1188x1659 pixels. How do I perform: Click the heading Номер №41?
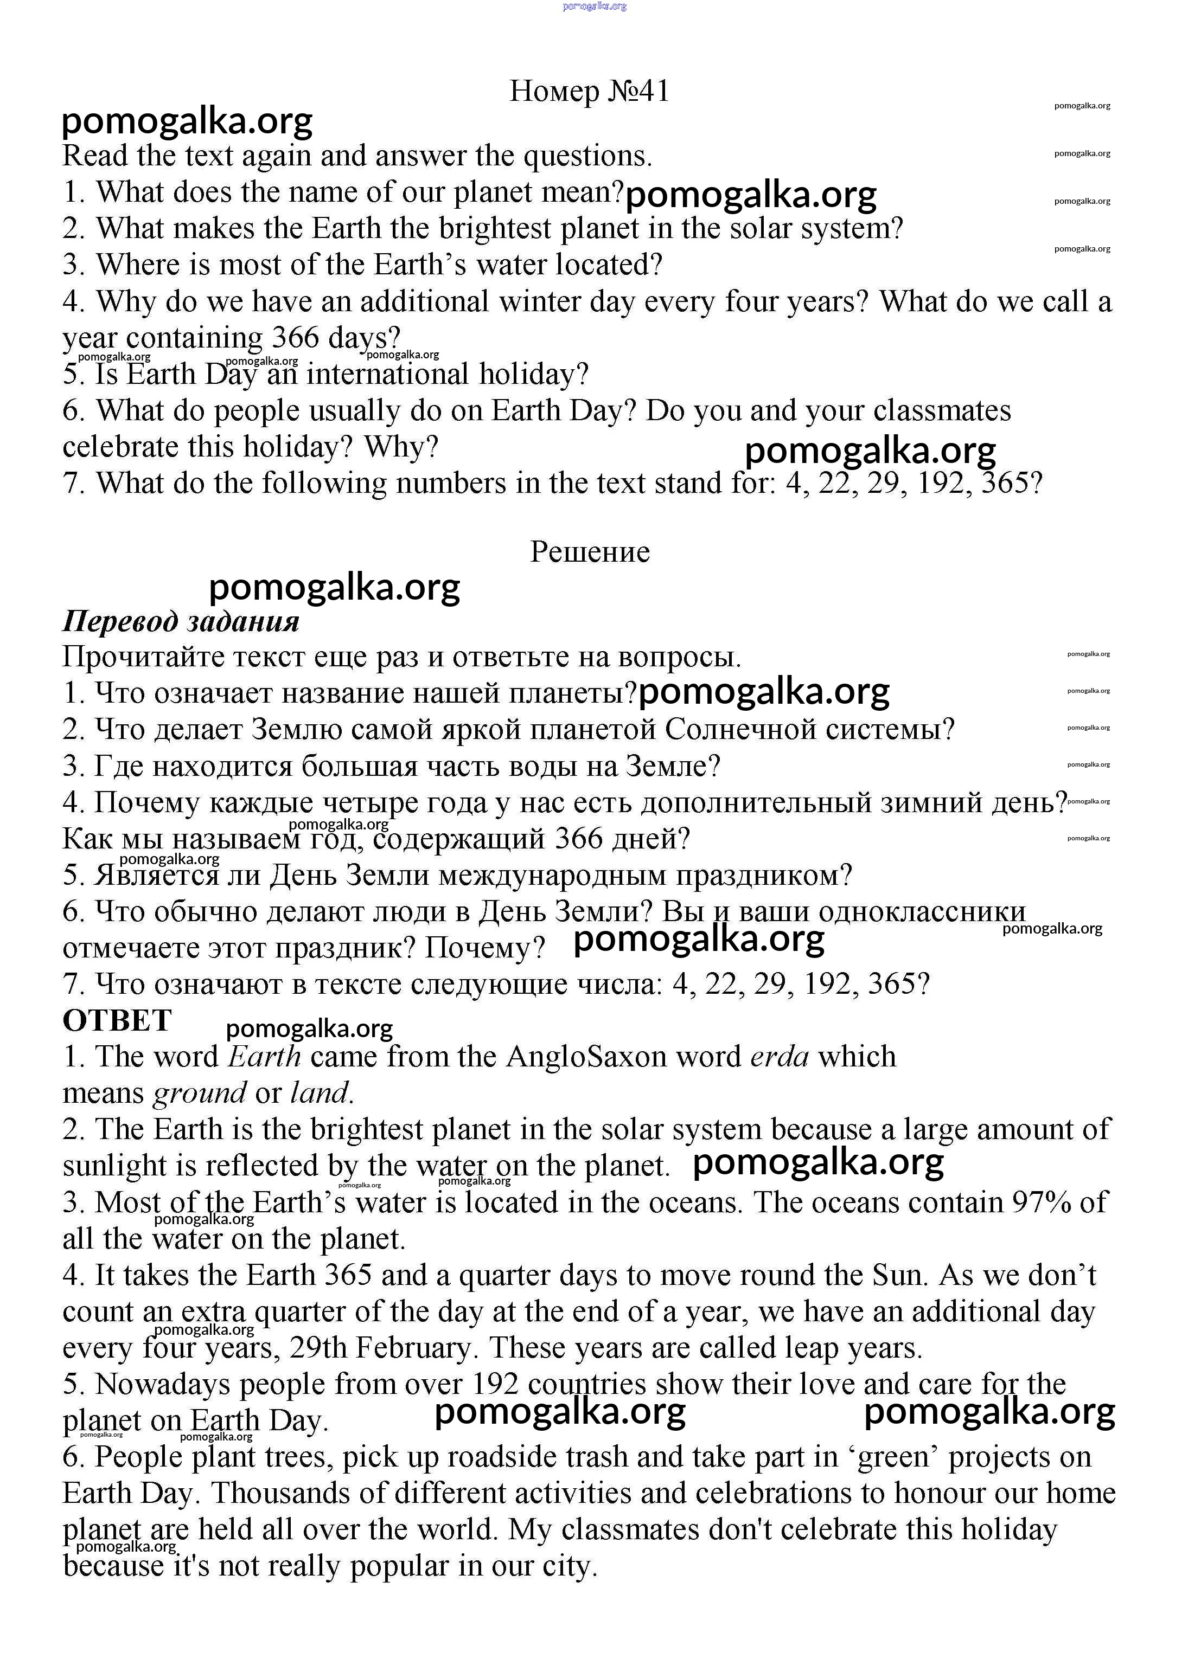coord(589,92)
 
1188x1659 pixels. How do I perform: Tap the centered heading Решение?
coord(590,552)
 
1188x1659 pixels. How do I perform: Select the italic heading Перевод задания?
coord(181,621)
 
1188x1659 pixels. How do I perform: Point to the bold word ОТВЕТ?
coord(117,1021)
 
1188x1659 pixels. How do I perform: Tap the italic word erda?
coord(779,1057)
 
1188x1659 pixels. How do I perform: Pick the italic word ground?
coord(199,1094)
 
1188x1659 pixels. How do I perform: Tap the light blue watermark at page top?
coord(595,7)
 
